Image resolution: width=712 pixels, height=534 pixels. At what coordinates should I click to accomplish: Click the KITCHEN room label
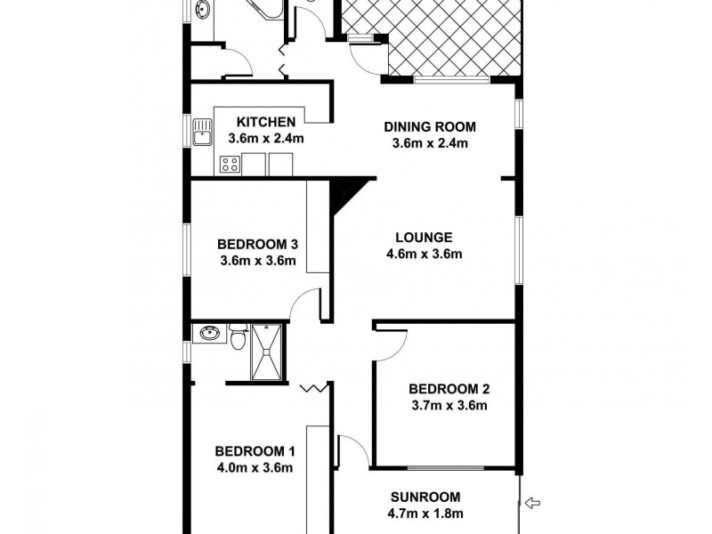[266, 122]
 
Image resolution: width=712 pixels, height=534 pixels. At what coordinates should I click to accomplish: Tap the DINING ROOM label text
[430, 126]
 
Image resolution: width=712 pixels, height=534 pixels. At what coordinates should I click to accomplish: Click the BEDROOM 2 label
[449, 389]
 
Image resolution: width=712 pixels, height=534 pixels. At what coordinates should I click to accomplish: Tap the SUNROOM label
[425, 497]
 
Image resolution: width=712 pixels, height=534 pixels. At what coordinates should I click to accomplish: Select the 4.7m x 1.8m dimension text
[427, 514]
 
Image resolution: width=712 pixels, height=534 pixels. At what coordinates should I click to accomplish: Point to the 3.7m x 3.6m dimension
[450, 406]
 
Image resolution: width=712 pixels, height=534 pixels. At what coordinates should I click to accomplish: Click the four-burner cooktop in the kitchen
[229, 164]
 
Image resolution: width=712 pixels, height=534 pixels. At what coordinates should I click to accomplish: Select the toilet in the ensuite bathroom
[238, 337]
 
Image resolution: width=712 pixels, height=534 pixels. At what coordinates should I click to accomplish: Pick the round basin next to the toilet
[210, 334]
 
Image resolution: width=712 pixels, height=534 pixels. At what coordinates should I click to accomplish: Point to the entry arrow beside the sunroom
[533, 505]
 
